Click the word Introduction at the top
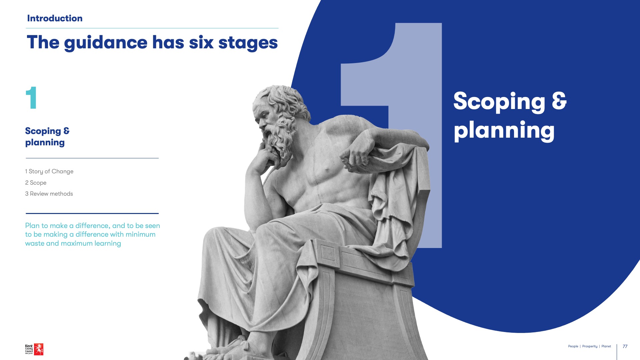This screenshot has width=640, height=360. pos(55,18)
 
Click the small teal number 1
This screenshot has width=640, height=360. pos(31,98)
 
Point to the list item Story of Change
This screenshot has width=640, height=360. pos(49,171)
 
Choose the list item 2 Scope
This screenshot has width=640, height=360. pos(36,183)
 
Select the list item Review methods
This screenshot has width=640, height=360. pos(49,194)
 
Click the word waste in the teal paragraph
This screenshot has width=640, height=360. pos(34,243)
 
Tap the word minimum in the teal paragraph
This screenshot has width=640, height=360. pos(140,234)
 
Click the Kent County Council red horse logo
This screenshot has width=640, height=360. pos(39,349)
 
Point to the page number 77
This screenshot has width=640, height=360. pos(625,346)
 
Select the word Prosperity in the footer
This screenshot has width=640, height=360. pos(590,346)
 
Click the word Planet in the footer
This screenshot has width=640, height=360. pos(606,346)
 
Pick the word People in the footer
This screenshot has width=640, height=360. pos(573,346)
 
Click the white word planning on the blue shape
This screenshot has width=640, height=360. pos(504,131)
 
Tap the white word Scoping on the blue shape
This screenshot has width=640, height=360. pos(499,102)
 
